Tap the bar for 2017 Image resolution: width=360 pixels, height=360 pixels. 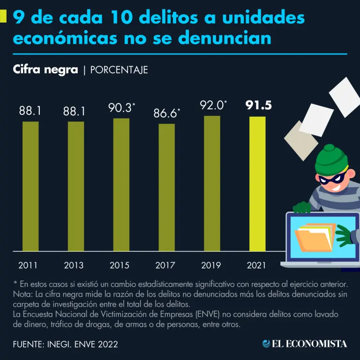point(166,187)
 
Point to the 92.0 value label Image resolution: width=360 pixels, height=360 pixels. point(210,105)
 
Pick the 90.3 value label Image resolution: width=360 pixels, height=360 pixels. point(120,108)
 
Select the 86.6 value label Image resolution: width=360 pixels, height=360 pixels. point(165,113)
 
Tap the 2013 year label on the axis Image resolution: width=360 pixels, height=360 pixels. point(74,265)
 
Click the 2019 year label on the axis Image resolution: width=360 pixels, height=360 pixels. point(211,265)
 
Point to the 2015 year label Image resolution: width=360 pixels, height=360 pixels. point(120,265)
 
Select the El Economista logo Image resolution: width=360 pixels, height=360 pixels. point(305,344)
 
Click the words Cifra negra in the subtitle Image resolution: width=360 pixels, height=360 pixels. point(45,70)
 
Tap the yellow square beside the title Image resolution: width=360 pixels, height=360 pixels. point(4,17)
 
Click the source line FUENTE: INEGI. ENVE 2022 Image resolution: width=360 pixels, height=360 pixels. point(66,344)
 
